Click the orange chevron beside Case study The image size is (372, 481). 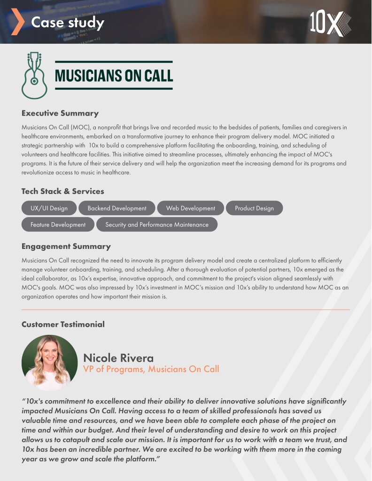pyautogui.click(x=17, y=22)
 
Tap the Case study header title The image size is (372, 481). pyautogui.click(x=68, y=22)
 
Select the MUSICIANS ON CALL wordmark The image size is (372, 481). pyautogui.click(x=114, y=75)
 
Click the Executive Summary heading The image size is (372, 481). pyautogui.click(x=60, y=113)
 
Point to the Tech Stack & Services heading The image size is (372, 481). pyautogui.click(x=63, y=191)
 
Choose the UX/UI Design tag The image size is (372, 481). pyautogui.click(x=49, y=208)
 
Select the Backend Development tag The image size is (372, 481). pyautogui.click(x=117, y=208)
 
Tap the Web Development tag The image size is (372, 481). pyautogui.click(x=190, y=208)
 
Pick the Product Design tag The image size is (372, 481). pyautogui.click(x=254, y=208)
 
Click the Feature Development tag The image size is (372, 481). pyautogui.click(x=58, y=225)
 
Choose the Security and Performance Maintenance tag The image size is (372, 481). pyautogui.click(x=157, y=225)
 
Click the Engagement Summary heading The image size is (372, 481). pyautogui.click(x=66, y=246)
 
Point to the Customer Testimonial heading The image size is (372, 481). pyautogui.click(x=63, y=324)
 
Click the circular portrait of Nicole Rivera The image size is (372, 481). pyautogui.click(x=49, y=362)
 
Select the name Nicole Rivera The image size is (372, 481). pyautogui.click(x=118, y=358)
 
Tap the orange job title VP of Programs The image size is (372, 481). pyautogui.click(x=151, y=369)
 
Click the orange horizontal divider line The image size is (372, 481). pyautogui.click(x=186, y=310)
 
